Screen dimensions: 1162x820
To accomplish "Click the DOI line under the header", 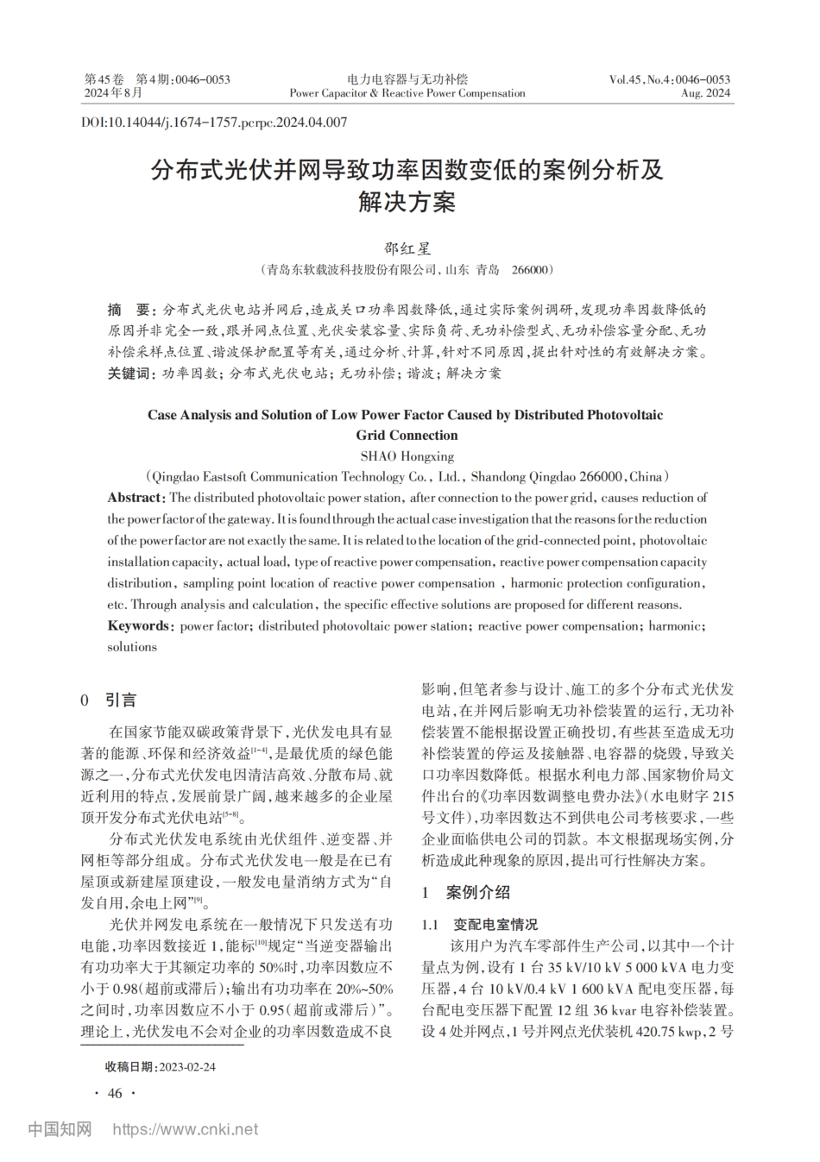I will pyautogui.click(x=214, y=122).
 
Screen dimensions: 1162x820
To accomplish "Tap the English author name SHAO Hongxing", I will pyautogui.click(x=407, y=456).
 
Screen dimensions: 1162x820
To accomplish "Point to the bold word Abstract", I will pyautogui.click(x=136, y=498).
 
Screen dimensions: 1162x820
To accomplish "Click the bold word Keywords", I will pyautogui.click(x=139, y=626).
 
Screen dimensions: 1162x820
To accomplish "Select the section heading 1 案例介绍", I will pyautogui.click(x=465, y=893).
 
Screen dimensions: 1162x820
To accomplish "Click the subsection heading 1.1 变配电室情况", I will pyautogui.click(x=479, y=925).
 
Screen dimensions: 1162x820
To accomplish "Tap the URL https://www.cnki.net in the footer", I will pyautogui.click(x=186, y=1129).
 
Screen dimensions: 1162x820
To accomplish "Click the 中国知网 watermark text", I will pyautogui.click(x=60, y=1129).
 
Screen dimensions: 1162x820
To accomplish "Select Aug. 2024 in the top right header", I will pyautogui.click(x=705, y=93).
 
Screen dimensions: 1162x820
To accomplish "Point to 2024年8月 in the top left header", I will pyautogui.click(x=112, y=93).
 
